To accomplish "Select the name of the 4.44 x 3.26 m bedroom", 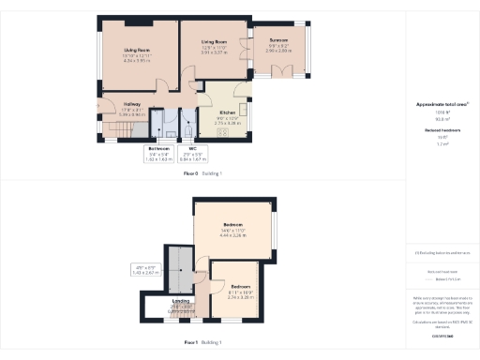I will coord(234,225).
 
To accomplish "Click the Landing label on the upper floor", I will coord(181,301).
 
